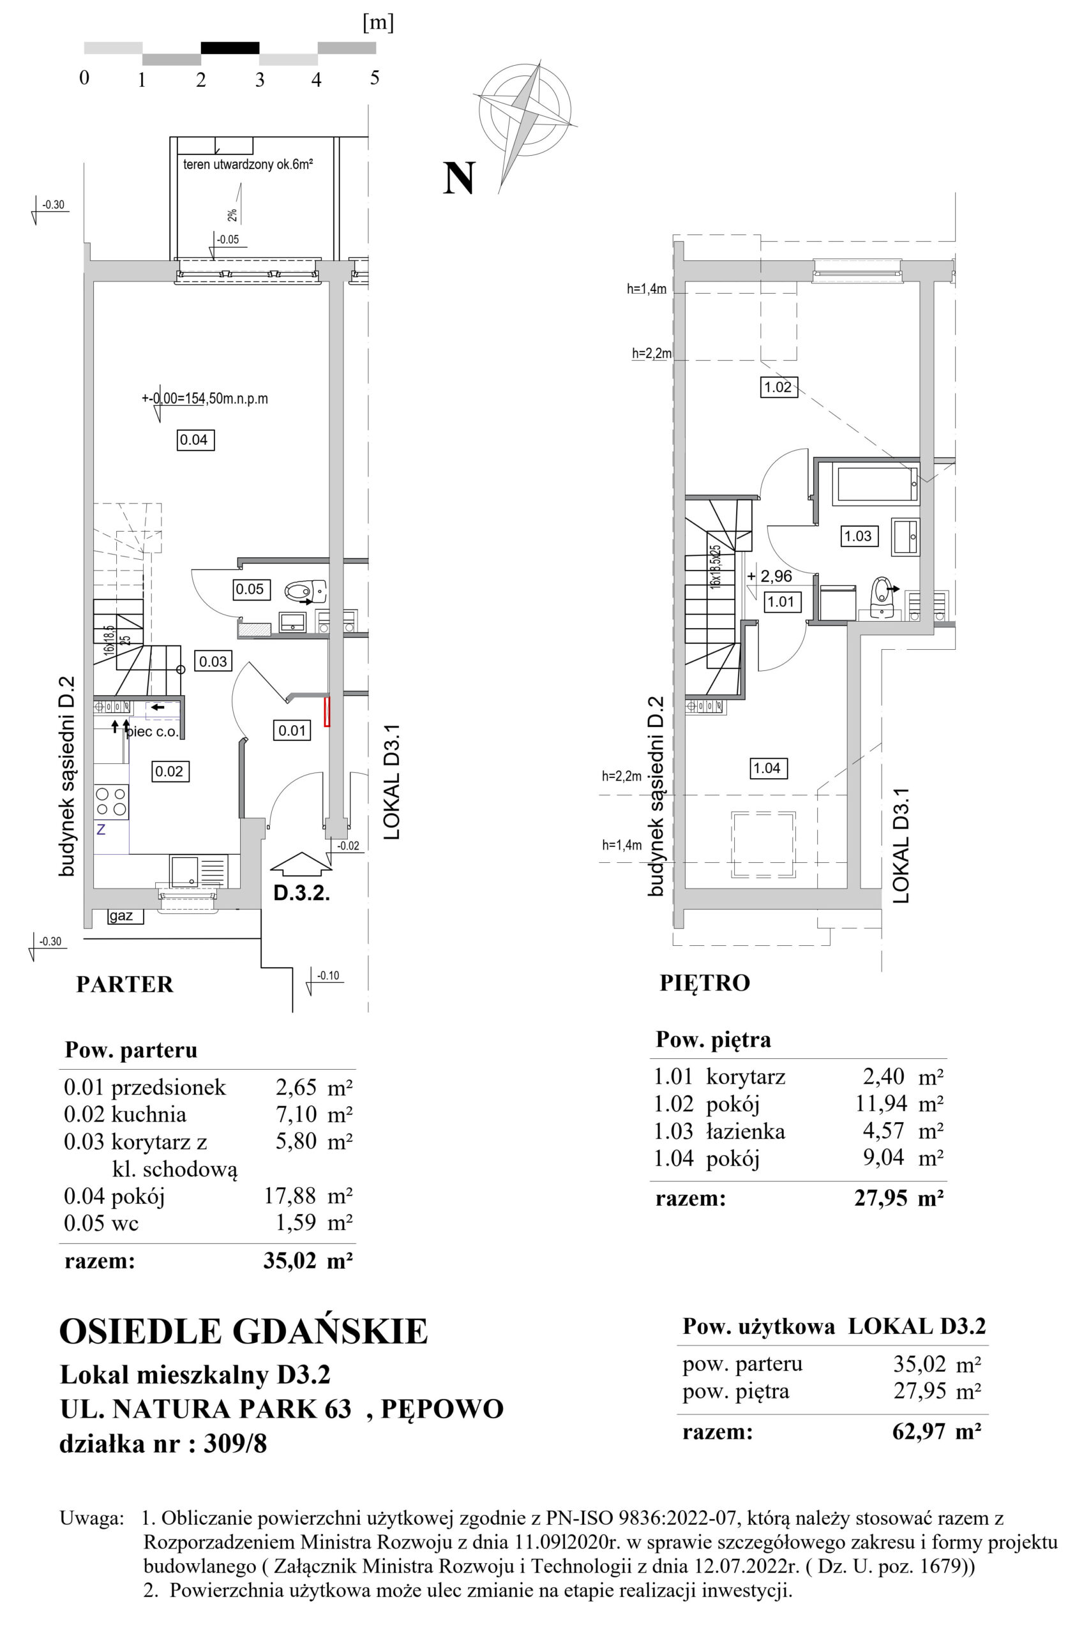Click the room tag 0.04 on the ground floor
pos(195,439)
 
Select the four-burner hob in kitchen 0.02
pos(111,801)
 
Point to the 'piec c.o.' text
pos(153,732)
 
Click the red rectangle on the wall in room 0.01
pos(327,711)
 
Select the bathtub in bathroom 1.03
pos(875,483)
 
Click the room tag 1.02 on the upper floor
pos(778,387)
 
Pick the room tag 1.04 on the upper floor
pos(767,768)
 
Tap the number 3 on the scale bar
pos(259,80)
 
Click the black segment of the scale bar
pos(230,47)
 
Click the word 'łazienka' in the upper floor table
pos(746,1131)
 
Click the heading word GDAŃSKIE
pos(331,1331)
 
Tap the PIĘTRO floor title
pos(705,983)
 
